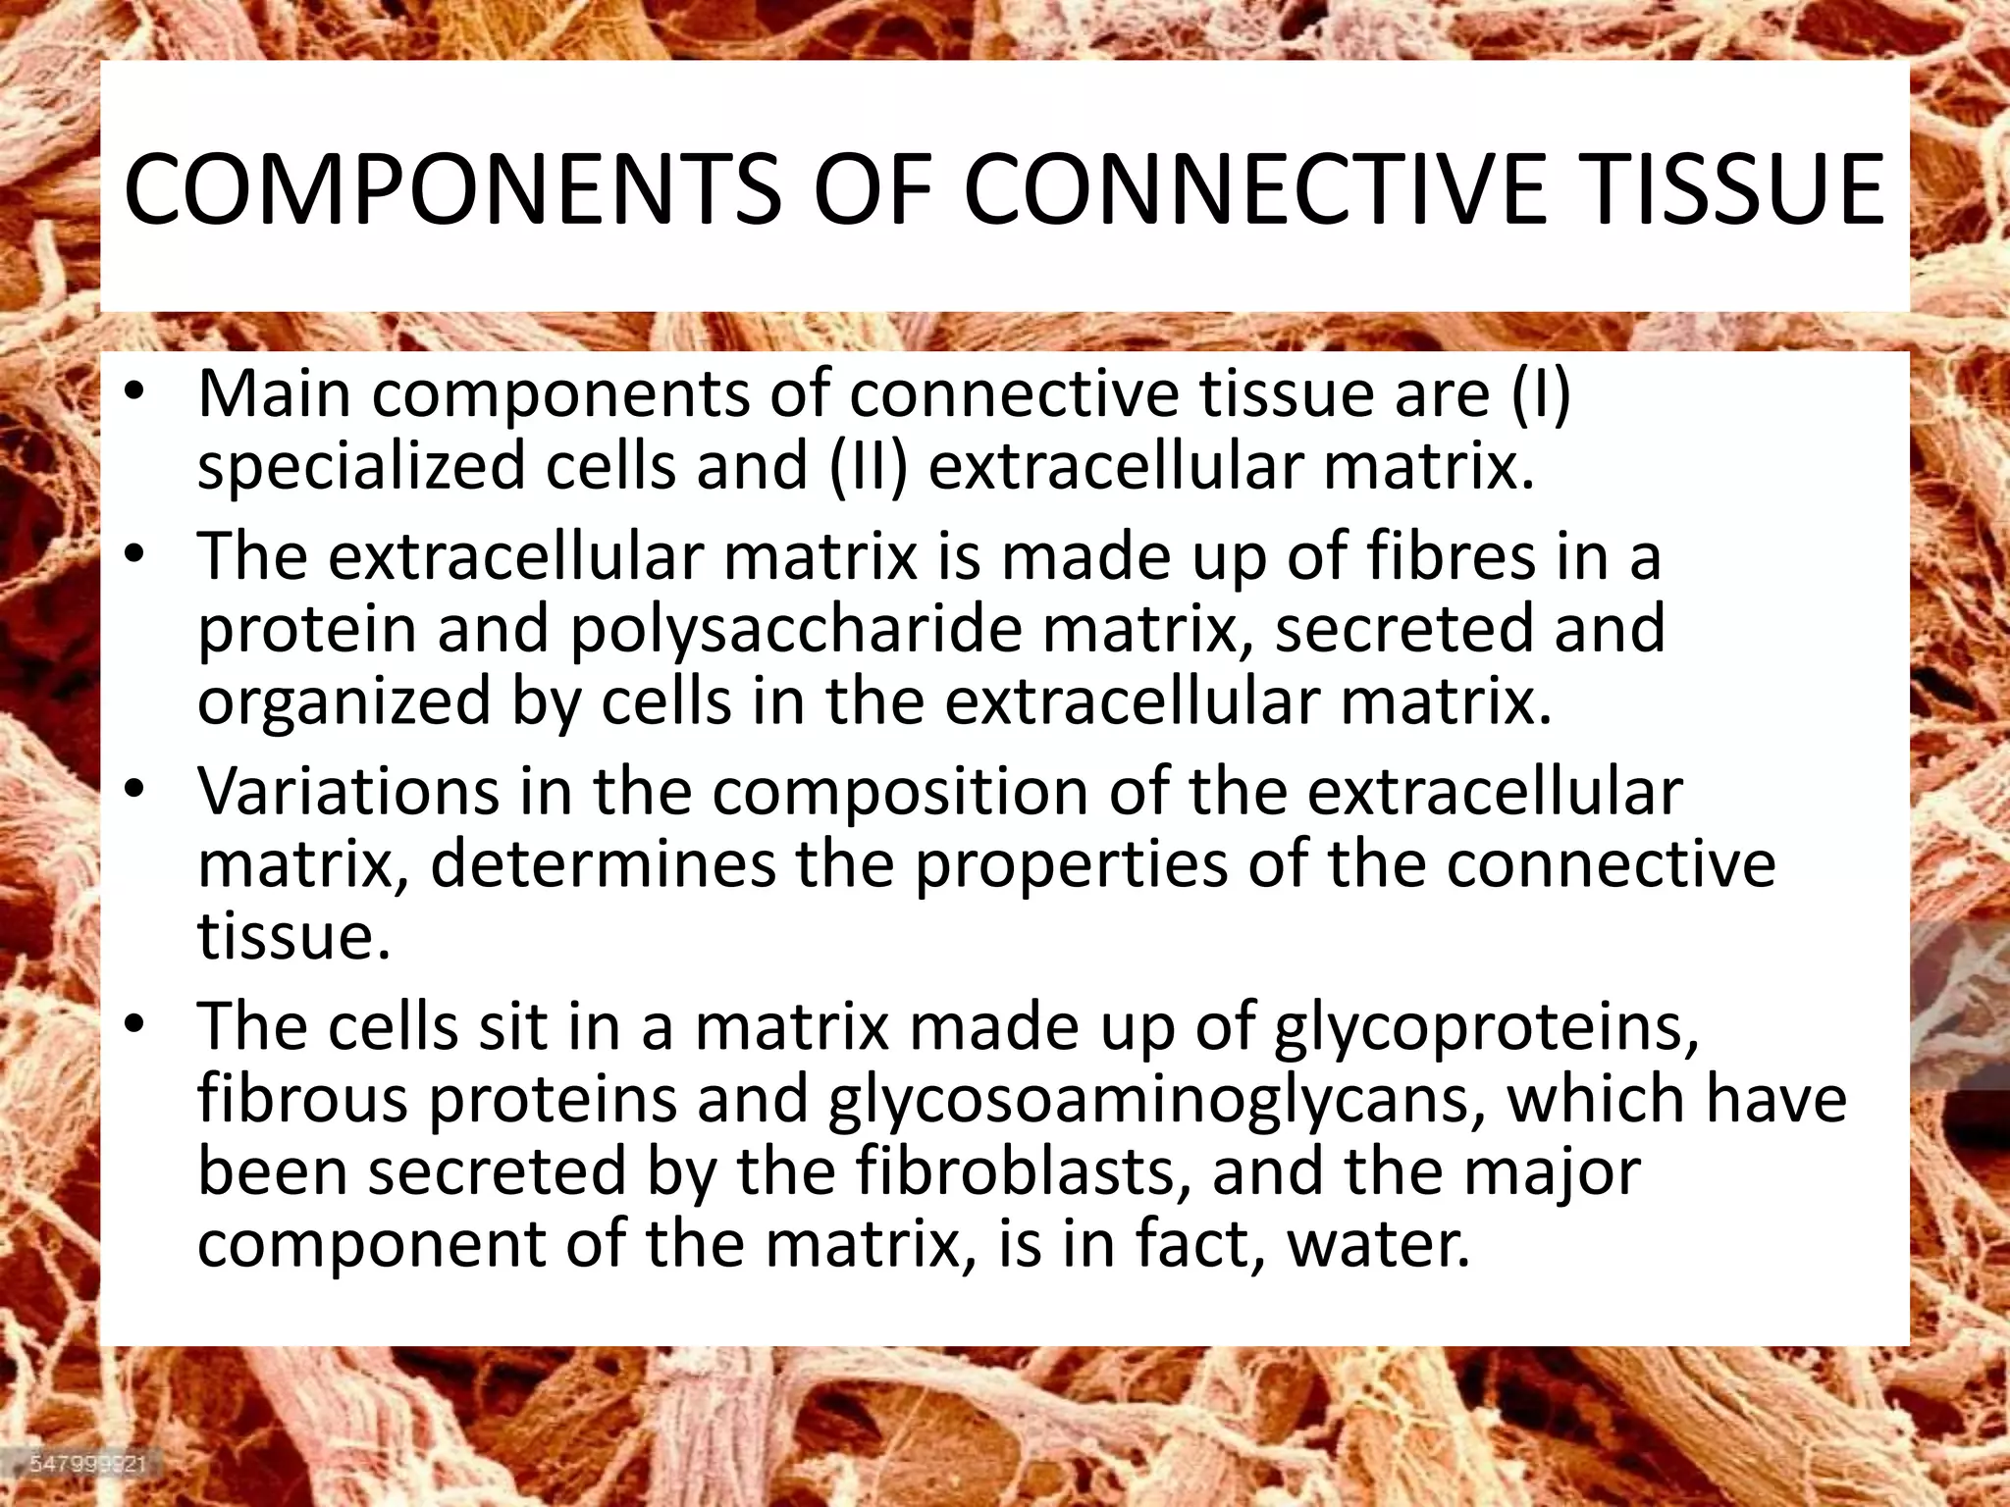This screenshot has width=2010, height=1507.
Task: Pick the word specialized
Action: click(x=362, y=467)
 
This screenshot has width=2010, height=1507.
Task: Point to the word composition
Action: click(x=901, y=793)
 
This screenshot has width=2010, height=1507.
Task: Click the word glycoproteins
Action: click(x=1486, y=1028)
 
